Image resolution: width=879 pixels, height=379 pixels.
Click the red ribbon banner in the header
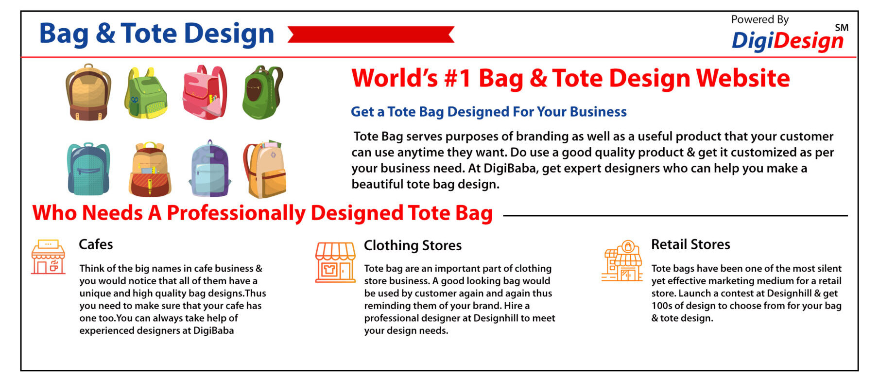(371, 34)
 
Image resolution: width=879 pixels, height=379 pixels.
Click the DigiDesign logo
(787, 41)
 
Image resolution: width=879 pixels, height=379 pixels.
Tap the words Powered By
(760, 19)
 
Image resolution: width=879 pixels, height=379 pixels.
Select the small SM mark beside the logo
(842, 28)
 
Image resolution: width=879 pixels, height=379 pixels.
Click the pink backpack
(204, 92)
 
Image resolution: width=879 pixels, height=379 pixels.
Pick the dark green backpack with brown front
(262, 92)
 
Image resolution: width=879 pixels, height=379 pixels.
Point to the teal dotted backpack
(88, 169)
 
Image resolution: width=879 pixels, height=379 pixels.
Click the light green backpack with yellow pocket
(146, 93)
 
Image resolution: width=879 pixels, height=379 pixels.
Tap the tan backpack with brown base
(88, 92)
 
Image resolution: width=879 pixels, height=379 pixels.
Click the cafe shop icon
(48, 257)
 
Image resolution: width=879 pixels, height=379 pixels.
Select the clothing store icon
(335, 262)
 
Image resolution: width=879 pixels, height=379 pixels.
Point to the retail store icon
(622, 261)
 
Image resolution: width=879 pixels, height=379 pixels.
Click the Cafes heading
(96, 244)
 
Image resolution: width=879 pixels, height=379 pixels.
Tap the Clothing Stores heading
(413, 245)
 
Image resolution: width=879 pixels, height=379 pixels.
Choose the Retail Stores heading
(690, 244)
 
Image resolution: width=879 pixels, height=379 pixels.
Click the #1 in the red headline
(458, 78)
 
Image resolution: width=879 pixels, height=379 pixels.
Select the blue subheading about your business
(489, 112)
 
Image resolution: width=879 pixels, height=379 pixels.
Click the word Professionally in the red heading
(236, 213)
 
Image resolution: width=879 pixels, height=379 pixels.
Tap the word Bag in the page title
(64, 34)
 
